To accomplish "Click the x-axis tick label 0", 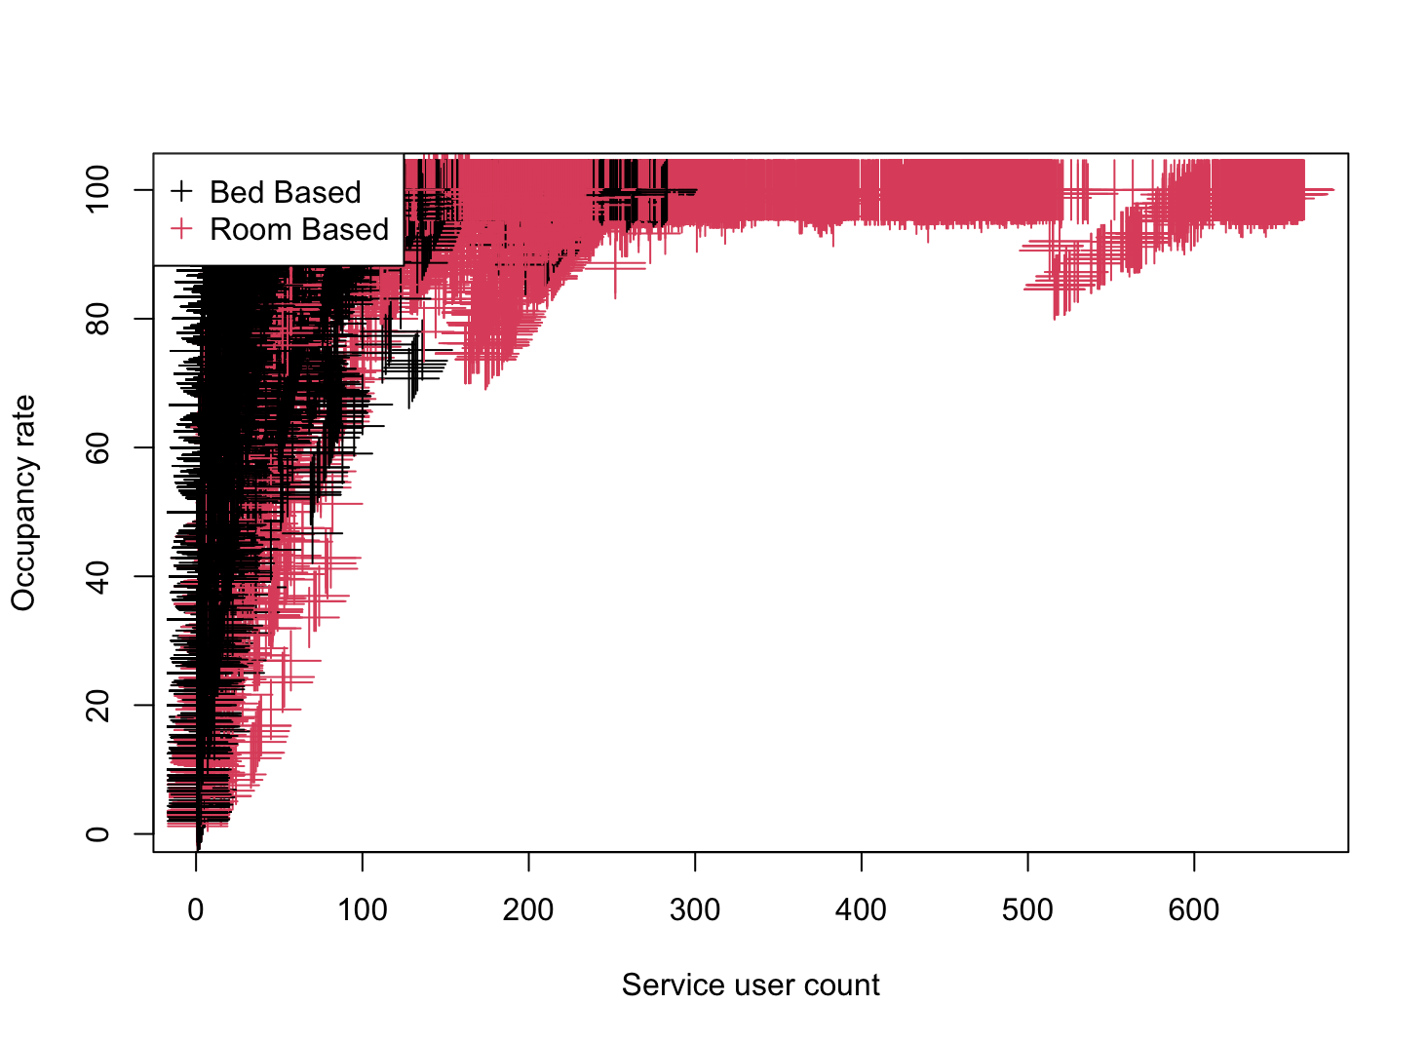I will tap(196, 910).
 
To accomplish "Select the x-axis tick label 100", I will tap(363, 910).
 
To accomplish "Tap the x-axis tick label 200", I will tap(528, 910).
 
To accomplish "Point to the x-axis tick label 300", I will tap(695, 910).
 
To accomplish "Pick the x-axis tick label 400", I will tap(862, 910).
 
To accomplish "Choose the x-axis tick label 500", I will tap(1027, 910).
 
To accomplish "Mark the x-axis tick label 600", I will tap(1194, 910).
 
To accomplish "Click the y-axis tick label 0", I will tap(97, 833).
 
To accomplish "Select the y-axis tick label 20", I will tap(97, 705).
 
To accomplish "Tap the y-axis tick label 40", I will tap(97, 576).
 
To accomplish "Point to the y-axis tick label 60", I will tap(97, 447).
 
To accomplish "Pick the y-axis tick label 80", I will tap(97, 319).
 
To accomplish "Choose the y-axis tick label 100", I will tap(97, 190).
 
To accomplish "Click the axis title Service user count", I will tap(751, 985).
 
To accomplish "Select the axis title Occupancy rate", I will tap(23, 503).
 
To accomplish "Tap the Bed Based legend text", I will tap(285, 192).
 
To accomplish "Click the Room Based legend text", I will tap(299, 230).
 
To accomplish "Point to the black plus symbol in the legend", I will tap(181, 191).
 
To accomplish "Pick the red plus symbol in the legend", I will tap(181, 229).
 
